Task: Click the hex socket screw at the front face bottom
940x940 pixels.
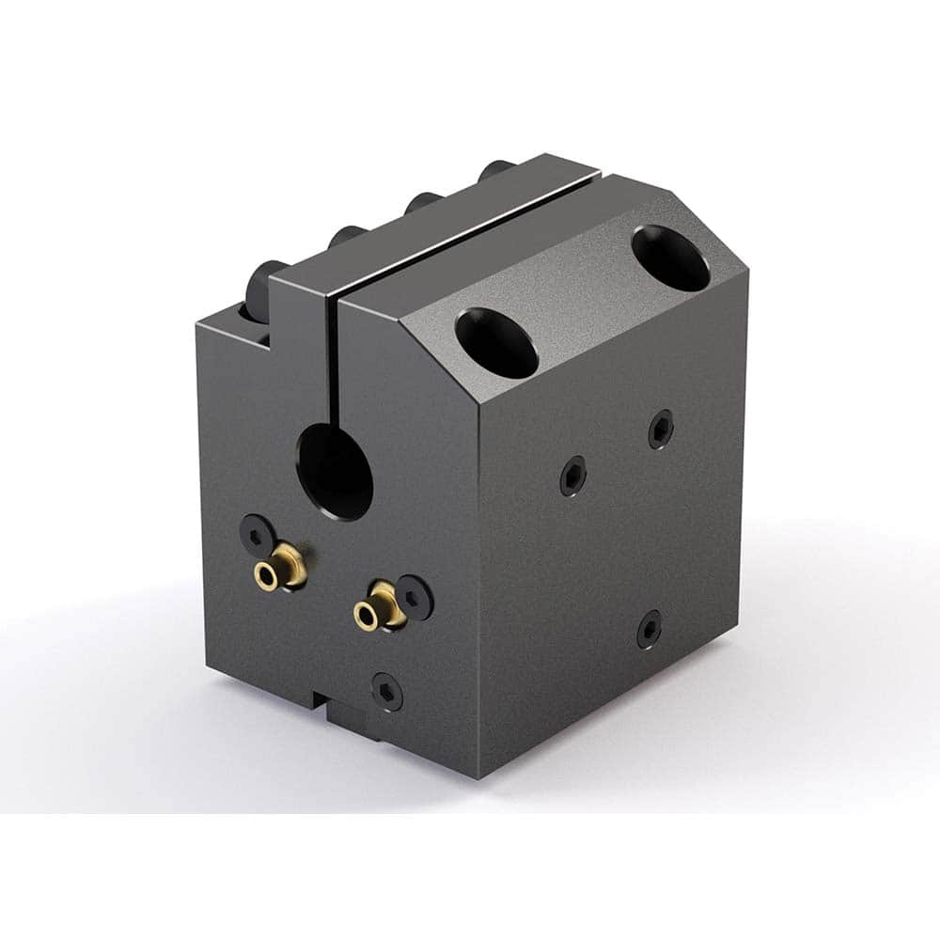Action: click(x=386, y=692)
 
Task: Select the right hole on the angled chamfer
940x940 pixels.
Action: click(x=670, y=258)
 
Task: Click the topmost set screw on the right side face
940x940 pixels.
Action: click(x=661, y=429)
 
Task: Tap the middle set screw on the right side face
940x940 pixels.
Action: click(x=573, y=476)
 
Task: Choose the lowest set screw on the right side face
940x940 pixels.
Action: click(x=649, y=628)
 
